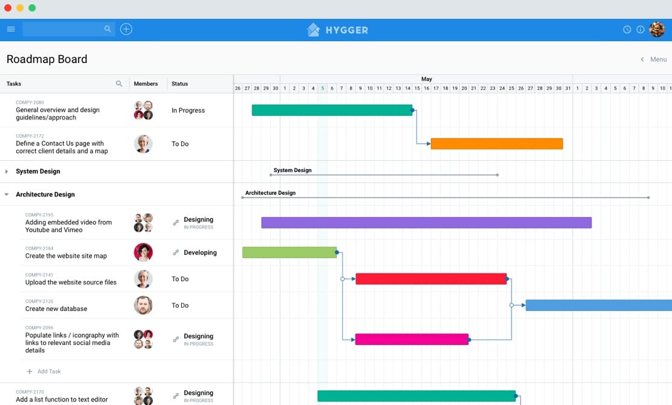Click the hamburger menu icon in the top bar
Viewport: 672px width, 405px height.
coord(11,29)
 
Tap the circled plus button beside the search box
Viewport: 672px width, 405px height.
coord(126,29)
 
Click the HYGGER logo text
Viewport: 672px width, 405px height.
coord(347,30)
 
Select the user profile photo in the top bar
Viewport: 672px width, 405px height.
coord(657,30)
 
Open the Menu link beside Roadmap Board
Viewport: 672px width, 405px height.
coord(658,59)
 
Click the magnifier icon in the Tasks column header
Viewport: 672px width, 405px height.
coord(119,84)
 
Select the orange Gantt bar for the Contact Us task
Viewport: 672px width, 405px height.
coord(497,144)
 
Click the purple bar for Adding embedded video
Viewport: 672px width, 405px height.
coord(427,223)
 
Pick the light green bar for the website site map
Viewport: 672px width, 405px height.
coord(290,252)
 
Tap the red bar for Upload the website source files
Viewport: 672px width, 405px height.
coord(431,279)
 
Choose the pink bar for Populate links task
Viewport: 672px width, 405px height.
coord(412,340)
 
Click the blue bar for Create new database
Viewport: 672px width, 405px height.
coord(599,305)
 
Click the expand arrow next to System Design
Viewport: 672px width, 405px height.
coord(7,172)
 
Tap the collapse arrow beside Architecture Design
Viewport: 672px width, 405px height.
coord(7,195)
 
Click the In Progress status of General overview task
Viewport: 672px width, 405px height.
coord(188,110)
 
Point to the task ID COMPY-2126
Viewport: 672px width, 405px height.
coord(39,301)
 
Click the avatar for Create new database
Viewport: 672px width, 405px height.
coord(143,305)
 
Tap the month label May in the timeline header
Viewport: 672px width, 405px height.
coord(427,79)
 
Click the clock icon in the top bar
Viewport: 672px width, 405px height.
coord(627,30)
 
